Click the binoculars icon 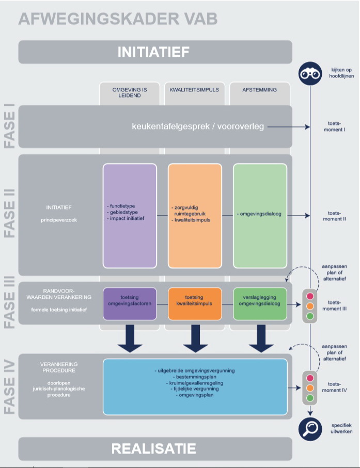310,73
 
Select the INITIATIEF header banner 155,52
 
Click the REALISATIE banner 155,448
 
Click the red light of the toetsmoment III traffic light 310,296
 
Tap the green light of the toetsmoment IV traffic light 310,398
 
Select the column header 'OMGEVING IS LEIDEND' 130,92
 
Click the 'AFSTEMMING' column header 260,90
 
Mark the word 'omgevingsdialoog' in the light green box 261,214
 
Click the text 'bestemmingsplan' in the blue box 195,377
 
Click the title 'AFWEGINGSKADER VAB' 118,19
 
